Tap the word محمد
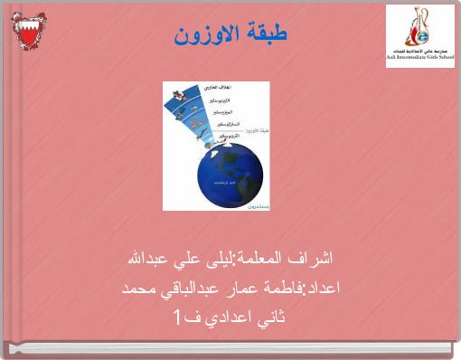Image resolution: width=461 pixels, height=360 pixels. pyautogui.click(x=139, y=289)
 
